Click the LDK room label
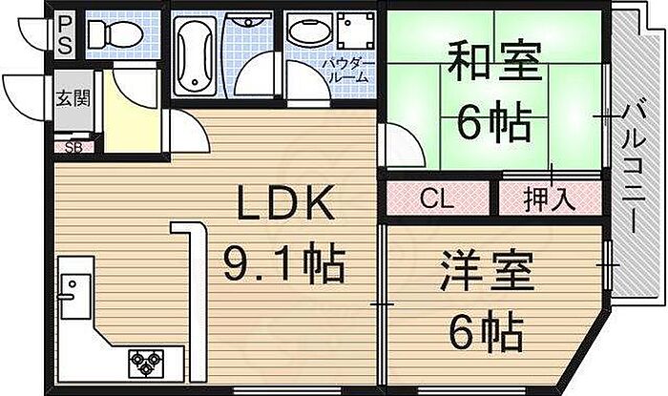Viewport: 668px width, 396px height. pos(285,204)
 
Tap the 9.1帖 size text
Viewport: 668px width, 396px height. pos(283,261)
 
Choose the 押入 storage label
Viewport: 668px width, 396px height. pos(549,199)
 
